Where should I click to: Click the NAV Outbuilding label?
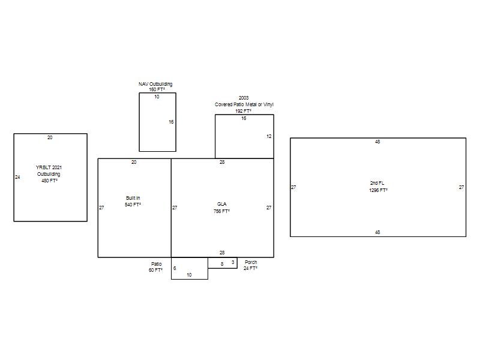[155, 84]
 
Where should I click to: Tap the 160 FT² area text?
[157, 89]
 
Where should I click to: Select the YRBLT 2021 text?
[49, 167]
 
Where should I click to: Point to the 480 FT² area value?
[50, 181]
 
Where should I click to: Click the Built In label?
[133, 198]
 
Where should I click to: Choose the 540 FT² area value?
[133, 205]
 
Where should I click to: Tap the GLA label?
[221, 204]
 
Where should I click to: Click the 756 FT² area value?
[221, 211]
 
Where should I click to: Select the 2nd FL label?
[377, 183]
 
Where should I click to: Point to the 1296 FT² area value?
[379, 190]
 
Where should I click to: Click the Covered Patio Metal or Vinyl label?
[244, 104]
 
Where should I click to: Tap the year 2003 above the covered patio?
[244, 98]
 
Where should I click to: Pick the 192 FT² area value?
[244, 111]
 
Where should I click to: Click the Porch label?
[251, 262]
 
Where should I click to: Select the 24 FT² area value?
[250, 268]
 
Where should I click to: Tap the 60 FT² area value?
[155, 270]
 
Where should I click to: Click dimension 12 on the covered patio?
[269, 137]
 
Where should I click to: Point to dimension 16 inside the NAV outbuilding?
[171, 122]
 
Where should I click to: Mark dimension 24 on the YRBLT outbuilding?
[17, 177]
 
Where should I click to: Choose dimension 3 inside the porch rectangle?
[233, 262]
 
